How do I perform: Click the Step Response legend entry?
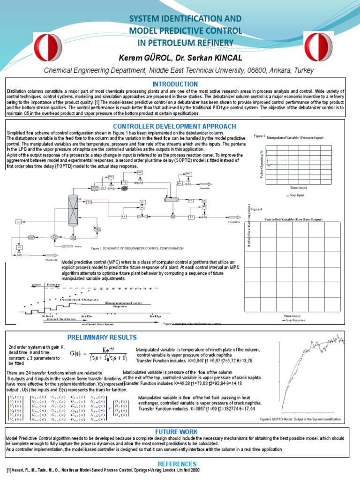coord(293,321)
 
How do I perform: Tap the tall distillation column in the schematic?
coord(73,210)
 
